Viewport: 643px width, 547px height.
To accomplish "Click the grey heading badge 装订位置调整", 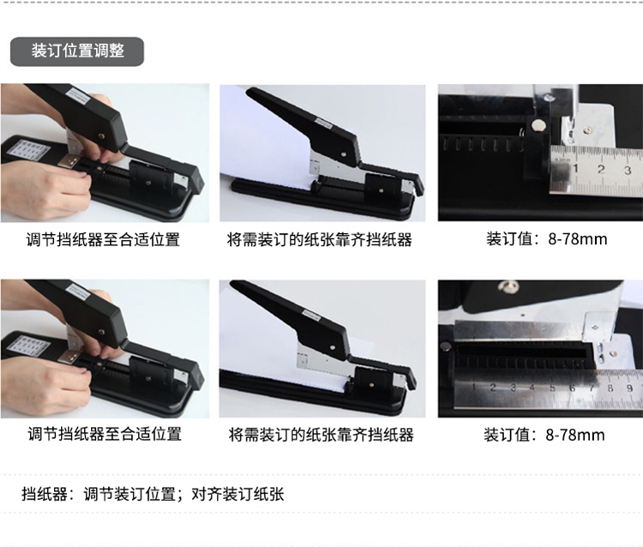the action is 77,51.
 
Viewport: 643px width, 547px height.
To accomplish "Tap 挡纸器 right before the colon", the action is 45,494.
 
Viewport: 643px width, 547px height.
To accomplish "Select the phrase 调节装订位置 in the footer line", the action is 129,494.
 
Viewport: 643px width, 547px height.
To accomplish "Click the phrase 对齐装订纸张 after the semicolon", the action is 237,494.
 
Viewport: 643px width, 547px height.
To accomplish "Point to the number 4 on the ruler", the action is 532,388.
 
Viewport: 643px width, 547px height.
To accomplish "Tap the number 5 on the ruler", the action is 552,388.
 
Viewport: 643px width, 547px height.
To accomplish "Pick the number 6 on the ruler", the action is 572,388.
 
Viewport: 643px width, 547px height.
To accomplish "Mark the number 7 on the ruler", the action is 592,388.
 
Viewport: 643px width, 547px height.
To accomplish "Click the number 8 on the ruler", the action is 610,388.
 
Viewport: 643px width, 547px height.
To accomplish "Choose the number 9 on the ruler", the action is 629,388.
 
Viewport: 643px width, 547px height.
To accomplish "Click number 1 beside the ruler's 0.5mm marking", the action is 576,169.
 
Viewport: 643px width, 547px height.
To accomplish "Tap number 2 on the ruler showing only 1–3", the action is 601,169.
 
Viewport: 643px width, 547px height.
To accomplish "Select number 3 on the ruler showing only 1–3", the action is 628,170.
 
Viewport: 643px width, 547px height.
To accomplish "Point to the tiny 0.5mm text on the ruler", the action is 562,159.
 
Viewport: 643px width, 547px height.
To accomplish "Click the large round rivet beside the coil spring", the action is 537,126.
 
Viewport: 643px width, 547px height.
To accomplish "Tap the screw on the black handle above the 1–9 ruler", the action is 506,286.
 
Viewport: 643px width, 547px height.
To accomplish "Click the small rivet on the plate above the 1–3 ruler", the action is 589,130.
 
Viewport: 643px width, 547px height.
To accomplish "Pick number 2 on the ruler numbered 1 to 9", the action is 493,388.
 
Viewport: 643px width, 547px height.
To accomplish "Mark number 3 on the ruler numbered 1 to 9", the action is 513,388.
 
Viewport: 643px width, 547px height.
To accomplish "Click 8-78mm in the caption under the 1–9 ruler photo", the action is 575,435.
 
